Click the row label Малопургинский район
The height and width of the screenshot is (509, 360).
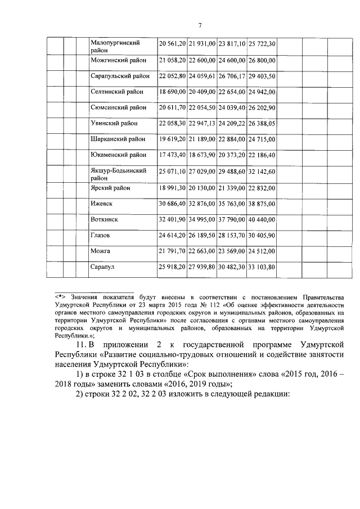pos(115,46)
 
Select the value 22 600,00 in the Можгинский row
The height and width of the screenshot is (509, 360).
pos(202,60)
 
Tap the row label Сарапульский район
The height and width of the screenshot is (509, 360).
pos(120,75)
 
